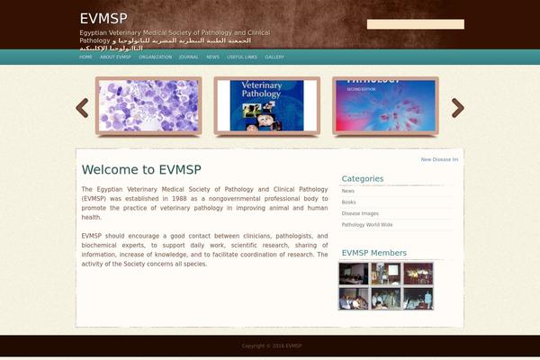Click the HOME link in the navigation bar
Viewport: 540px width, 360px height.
(x=85, y=57)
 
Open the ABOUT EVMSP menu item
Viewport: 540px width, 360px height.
(x=115, y=57)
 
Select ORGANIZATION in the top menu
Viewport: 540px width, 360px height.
(x=155, y=57)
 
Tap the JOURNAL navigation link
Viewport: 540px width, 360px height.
(x=189, y=57)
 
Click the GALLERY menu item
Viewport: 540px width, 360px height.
(x=274, y=57)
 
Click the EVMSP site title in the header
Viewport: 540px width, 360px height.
(x=103, y=18)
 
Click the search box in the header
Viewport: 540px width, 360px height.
(x=415, y=24)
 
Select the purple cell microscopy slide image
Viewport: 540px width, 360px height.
(x=150, y=105)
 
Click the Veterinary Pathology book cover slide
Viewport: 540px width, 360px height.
(x=267, y=105)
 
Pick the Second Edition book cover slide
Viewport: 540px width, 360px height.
(x=385, y=105)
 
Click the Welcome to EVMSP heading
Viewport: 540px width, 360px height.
(x=140, y=169)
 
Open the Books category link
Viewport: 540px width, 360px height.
(x=348, y=202)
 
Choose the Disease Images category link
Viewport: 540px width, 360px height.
(x=360, y=213)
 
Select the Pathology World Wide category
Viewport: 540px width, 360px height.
(x=367, y=224)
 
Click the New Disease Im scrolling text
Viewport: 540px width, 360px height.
(x=439, y=159)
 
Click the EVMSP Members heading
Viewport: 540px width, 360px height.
(x=373, y=253)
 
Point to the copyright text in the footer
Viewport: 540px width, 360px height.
(x=271, y=346)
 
